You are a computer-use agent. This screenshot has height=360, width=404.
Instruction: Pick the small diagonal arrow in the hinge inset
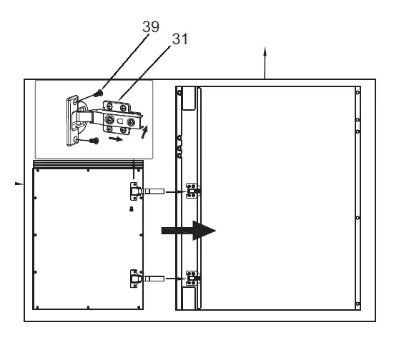pyautogui.click(x=146, y=132)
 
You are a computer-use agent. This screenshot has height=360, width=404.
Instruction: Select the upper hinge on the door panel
pyautogui.click(x=134, y=191)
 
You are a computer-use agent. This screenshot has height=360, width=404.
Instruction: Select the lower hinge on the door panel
pyautogui.click(x=134, y=276)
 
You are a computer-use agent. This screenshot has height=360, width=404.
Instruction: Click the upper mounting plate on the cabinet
pyautogui.click(x=192, y=190)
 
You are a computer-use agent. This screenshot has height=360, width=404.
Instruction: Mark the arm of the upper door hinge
pyautogui.click(x=156, y=191)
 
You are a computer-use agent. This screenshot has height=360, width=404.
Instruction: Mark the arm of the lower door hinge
pyautogui.click(x=156, y=277)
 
